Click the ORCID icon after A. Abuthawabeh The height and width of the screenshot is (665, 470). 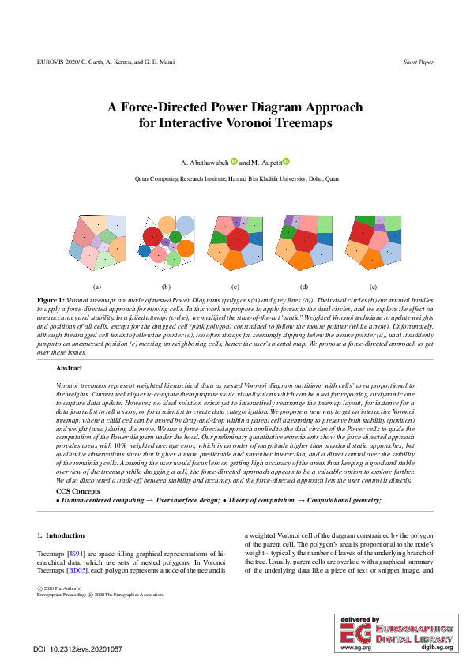pyautogui.click(x=235, y=162)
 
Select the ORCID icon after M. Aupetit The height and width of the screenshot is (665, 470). pyautogui.click(x=286, y=162)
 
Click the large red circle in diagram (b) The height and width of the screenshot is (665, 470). pyautogui.click(x=153, y=236)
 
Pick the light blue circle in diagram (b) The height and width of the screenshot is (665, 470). pyautogui.click(x=186, y=224)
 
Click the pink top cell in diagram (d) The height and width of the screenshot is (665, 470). pyautogui.click(x=306, y=224)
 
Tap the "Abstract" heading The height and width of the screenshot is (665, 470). pyautogui.click(x=69, y=368)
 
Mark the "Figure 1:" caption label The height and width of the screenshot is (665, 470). pyautogui.click(x=51, y=301)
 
